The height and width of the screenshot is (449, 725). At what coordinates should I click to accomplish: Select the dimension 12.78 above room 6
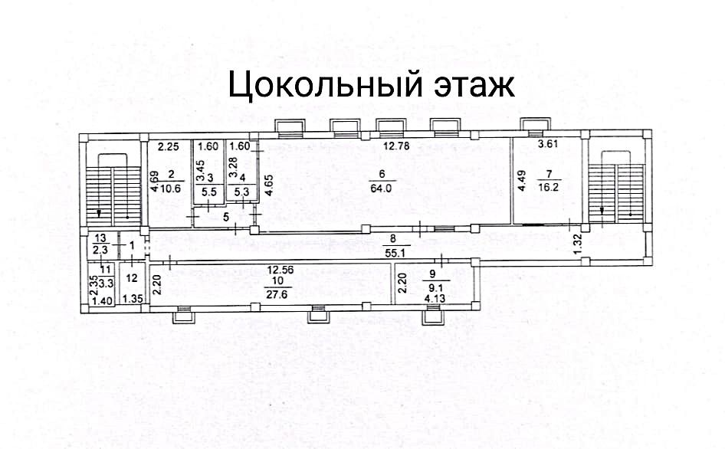(x=397, y=146)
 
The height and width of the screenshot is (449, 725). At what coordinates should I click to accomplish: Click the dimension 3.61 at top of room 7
(x=549, y=145)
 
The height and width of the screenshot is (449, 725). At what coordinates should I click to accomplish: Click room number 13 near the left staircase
(x=100, y=238)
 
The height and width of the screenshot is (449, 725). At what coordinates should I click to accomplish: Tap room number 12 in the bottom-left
(x=131, y=277)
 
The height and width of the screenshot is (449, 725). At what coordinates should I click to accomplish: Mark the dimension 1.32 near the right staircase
(x=579, y=244)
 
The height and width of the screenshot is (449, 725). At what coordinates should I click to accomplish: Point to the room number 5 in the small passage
(x=225, y=217)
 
